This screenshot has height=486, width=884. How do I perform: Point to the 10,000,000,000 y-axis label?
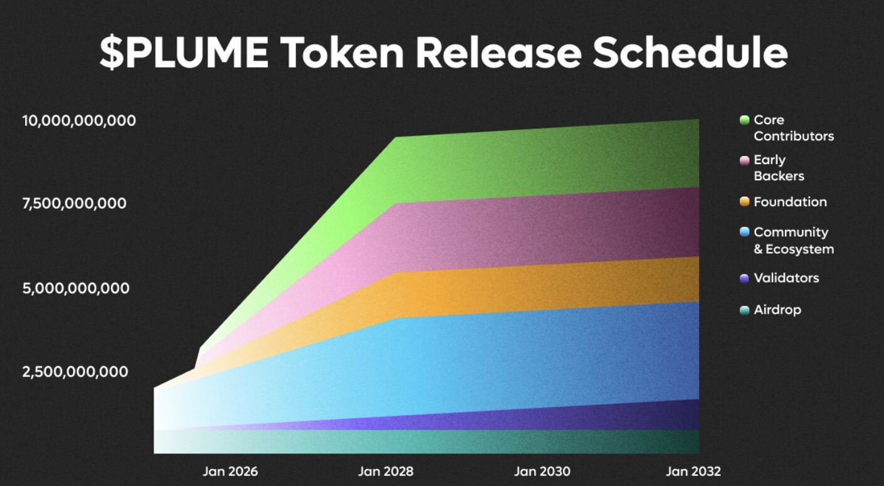click(x=79, y=120)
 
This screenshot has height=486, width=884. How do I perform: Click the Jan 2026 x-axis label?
click(x=230, y=471)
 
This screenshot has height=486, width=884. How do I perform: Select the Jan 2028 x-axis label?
click(x=386, y=471)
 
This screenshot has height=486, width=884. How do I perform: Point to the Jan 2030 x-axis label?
click(x=542, y=471)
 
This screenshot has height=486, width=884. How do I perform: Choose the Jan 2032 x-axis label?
click(x=693, y=471)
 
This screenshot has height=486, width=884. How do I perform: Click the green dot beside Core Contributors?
click(x=744, y=120)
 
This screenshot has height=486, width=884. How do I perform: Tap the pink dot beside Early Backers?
click(x=744, y=160)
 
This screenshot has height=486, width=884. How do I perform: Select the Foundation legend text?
click(x=790, y=202)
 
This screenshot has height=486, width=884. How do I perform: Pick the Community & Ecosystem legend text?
click(x=793, y=240)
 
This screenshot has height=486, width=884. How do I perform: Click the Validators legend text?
click(x=786, y=278)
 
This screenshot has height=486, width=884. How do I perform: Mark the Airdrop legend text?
click(x=777, y=309)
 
